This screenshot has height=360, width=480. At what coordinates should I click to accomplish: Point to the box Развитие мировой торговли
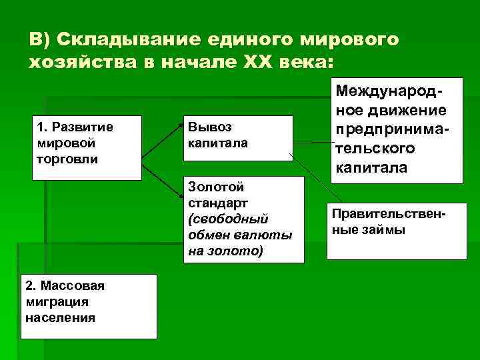pos(87,147)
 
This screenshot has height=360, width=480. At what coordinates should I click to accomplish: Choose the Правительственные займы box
pos(397,231)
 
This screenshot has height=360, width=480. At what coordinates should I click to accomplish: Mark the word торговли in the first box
pos(65,158)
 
